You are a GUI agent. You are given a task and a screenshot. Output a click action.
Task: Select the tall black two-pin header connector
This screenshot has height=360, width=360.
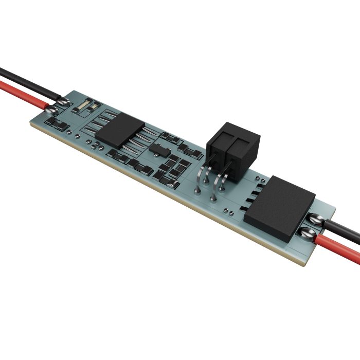233,149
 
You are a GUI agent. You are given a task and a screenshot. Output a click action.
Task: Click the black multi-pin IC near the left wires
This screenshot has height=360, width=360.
118,129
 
